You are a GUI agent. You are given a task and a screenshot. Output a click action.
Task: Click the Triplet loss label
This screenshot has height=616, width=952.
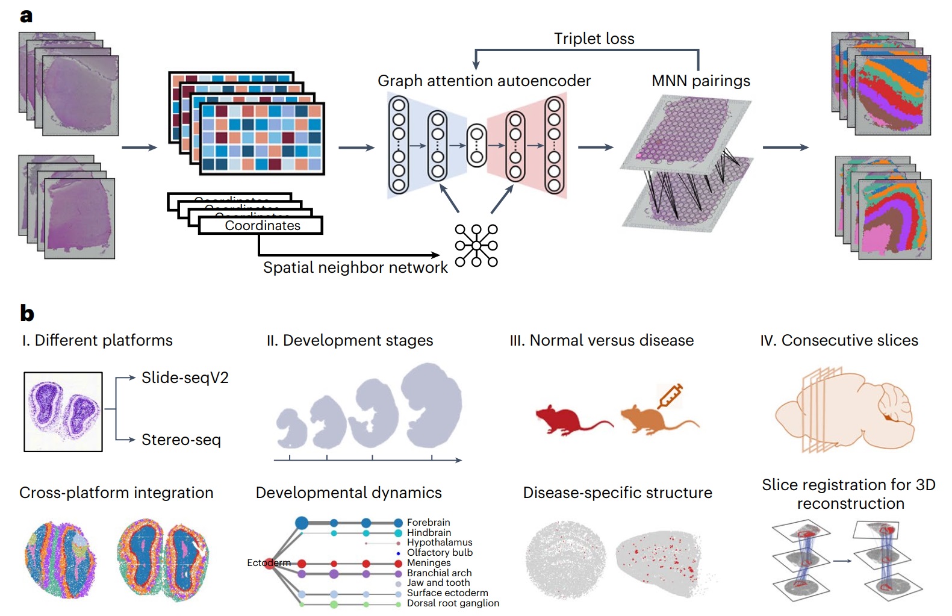click(594, 39)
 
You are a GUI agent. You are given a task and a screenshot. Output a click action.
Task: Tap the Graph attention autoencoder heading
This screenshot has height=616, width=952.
click(484, 81)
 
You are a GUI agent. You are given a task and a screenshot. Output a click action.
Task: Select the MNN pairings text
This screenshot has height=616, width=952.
click(701, 81)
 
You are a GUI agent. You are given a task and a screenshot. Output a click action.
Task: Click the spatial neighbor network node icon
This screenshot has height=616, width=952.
click(476, 246)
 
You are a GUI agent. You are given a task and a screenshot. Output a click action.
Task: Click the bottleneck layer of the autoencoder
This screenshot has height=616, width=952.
click(476, 146)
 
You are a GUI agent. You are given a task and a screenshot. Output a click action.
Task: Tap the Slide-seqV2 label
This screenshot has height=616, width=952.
click(185, 378)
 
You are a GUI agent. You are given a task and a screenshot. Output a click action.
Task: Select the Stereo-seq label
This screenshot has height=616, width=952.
click(181, 440)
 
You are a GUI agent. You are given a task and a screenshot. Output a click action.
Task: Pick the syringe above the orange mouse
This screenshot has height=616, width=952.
click(670, 395)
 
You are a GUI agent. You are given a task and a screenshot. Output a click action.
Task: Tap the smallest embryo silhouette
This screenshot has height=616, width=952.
click(291, 429)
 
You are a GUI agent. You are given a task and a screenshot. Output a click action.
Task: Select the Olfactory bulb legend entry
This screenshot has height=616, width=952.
click(440, 553)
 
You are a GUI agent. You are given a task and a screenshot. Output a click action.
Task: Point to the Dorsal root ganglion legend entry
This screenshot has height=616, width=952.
click(453, 603)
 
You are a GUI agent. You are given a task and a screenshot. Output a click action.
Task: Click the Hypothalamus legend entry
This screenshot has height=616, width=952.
click(440, 543)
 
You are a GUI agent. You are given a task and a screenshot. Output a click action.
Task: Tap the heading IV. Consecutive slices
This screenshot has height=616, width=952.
click(839, 341)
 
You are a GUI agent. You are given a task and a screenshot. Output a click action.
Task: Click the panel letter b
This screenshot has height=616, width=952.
click(27, 314)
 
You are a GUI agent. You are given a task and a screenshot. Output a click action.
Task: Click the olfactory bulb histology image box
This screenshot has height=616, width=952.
click(63, 412)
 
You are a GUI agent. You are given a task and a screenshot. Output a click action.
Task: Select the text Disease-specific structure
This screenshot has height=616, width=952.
click(617, 493)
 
